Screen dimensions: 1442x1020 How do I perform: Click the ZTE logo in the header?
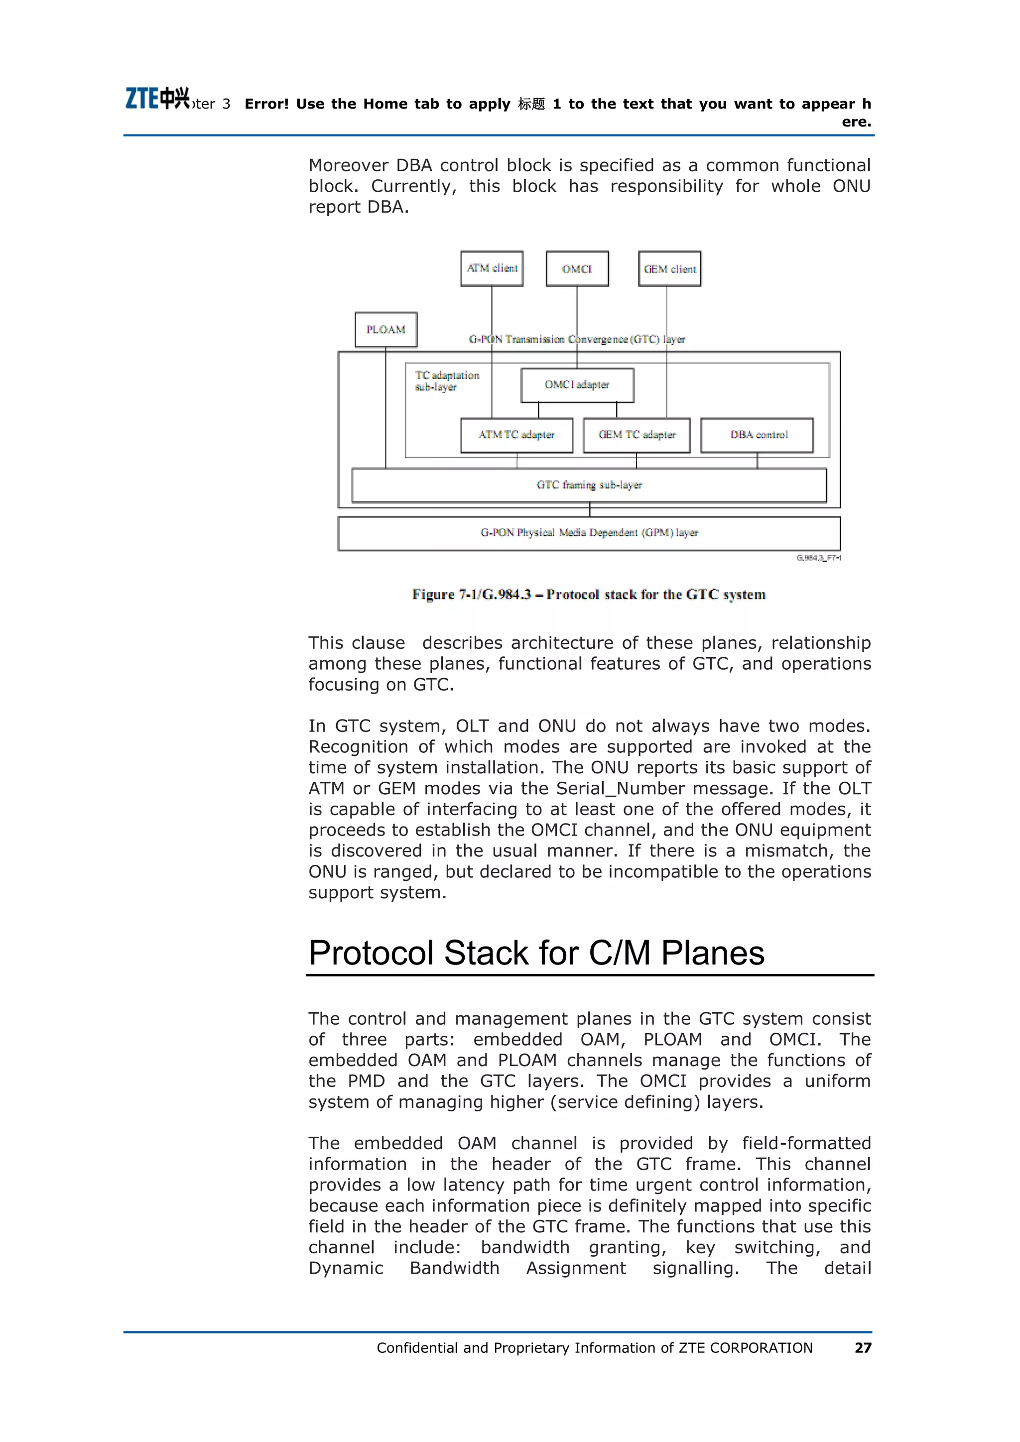coord(157,99)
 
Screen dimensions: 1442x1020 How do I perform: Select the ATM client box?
coord(492,269)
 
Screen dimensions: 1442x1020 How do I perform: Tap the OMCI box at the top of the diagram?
coord(577,269)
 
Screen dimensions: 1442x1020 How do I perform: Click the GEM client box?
coord(669,269)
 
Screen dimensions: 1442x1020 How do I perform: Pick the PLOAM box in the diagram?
coord(385,330)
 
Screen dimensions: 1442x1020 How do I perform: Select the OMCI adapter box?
coord(577,385)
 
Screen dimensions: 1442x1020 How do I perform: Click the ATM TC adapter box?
coord(516,435)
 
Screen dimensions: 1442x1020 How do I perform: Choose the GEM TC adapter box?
coord(636,435)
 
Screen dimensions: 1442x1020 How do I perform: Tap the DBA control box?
coord(758,435)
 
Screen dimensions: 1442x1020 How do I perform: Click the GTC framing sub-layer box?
coord(589,485)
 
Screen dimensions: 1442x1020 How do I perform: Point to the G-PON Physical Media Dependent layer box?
coord(589,533)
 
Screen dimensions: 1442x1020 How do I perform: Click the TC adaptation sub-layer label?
coord(446,380)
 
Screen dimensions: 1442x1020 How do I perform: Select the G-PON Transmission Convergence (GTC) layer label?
coord(577,339)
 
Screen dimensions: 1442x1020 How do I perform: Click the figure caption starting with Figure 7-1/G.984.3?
coord(589,594)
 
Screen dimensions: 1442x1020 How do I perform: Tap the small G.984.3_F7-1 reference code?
coord(818,558)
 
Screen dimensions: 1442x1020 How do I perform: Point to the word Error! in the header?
coord(266,104)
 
